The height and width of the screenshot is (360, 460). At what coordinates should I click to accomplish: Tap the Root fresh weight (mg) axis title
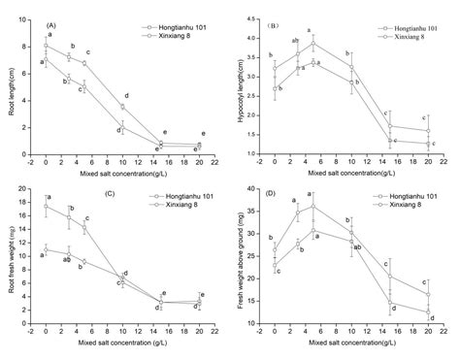9,256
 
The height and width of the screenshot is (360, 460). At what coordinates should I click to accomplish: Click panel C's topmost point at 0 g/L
46,207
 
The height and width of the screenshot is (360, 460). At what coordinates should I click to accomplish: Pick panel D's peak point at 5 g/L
312,207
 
